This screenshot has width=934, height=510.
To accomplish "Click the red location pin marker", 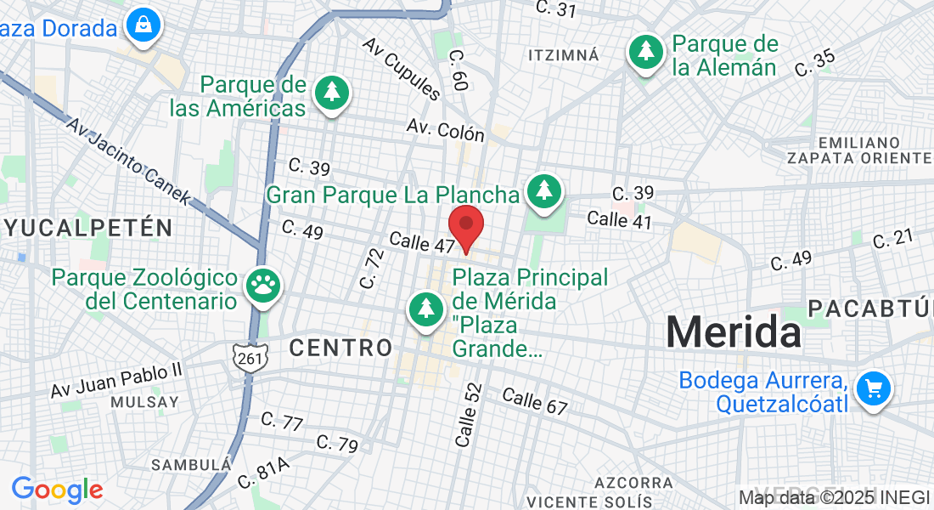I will [466, 226].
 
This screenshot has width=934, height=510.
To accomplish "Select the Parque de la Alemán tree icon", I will [647, 52].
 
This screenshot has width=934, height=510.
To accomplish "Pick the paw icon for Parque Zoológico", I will [262, 286].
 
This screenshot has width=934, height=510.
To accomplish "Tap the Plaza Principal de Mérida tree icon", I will [425, 309].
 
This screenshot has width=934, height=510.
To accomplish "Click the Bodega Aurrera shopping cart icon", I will [873, 389].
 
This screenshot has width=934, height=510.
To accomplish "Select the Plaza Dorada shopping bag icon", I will [143, 25].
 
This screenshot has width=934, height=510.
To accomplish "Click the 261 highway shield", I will [250, 359].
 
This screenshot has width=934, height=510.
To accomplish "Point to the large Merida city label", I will [734, 331].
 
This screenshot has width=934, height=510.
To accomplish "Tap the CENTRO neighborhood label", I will [340, 347].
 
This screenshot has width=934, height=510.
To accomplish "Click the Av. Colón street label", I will [445, 129].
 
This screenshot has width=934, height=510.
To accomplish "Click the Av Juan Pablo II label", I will [116, 379].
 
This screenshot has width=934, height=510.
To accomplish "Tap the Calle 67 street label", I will [534, 400].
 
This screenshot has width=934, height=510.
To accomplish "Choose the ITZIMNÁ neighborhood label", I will [563, 55].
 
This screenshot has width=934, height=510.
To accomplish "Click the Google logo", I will [57, 490].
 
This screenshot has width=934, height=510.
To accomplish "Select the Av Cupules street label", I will [402, 68].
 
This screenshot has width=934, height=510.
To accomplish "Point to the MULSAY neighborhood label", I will [144, 401].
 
